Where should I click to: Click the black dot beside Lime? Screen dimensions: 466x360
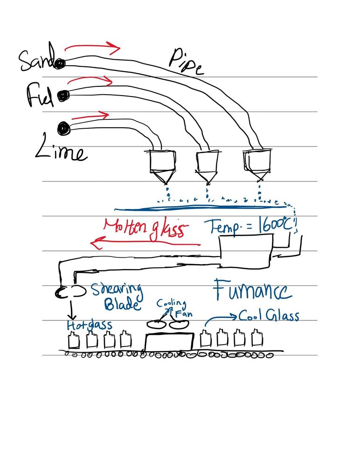click(62, 127)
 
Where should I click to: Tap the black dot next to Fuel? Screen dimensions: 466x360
click(63, 96)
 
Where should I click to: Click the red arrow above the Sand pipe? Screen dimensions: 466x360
click(92, 46)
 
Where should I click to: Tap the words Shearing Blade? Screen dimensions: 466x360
click(116, 297)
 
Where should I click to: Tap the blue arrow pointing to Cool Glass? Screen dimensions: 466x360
click(220, 317)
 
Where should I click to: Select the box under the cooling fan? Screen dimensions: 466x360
click(169, 342)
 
